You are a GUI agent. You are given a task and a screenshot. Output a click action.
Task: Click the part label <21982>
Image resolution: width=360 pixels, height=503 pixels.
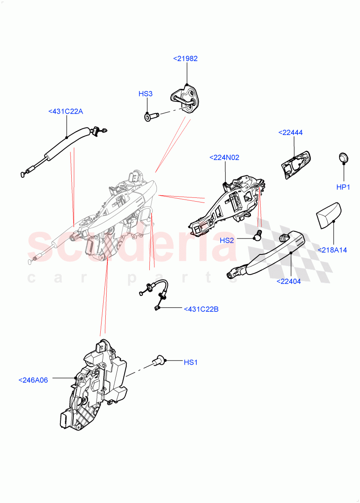coord(185,59)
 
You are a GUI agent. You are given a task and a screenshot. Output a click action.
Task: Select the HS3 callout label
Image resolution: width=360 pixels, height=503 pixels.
coord(146,94)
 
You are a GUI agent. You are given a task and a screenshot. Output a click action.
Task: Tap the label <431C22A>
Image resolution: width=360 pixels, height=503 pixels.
coord(66,111)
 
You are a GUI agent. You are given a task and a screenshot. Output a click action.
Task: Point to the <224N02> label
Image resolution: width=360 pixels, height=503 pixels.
coord(224,158)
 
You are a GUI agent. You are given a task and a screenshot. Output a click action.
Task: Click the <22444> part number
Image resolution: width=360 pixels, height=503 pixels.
coord(290,132)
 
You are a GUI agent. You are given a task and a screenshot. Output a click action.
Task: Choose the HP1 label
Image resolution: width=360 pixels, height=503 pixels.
coord(343,187)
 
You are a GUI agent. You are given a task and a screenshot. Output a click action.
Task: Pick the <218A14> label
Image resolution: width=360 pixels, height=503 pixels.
coord(332,250)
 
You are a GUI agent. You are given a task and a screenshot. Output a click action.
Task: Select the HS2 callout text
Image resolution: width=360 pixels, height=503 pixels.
coord(239,241)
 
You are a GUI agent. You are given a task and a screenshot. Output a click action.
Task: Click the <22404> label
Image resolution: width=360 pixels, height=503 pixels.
coord(289,281)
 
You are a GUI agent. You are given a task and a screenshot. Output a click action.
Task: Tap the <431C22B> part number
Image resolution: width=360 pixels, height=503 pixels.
coord(201,309)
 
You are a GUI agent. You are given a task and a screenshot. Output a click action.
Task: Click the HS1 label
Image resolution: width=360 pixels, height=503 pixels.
coord(190,362)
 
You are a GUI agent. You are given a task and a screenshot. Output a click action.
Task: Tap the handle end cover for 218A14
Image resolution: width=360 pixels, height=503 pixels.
coord(327,215)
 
